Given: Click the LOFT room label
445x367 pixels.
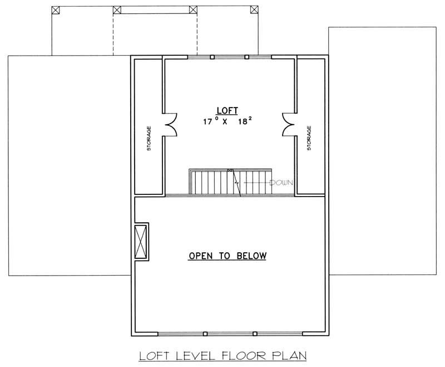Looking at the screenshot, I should click(225, 110).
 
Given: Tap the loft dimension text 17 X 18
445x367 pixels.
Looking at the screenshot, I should click(225, 121).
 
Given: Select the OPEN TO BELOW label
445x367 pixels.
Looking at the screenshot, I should click(227, 256).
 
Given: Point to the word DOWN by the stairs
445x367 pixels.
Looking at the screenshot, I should click(281, 183).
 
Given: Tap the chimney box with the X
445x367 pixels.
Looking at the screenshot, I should click(141, 242).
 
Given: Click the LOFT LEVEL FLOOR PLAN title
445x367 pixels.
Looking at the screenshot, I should click(223, 354).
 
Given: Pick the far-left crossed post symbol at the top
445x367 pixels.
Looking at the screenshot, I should click(56, 9).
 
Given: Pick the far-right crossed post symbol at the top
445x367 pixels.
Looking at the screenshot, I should click(254, 9).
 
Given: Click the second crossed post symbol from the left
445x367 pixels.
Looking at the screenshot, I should click(117, 9).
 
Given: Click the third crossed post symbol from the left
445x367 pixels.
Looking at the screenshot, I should click(193, 9).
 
